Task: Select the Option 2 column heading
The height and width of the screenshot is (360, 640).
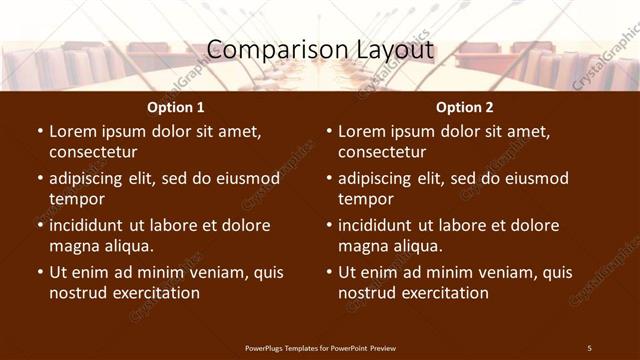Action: point(464,107)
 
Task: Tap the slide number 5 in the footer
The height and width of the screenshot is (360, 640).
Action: point(589,347)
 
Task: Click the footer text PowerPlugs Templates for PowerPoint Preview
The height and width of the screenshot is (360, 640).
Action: point(320,347)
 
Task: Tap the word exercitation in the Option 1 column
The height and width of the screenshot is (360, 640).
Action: point(154,293)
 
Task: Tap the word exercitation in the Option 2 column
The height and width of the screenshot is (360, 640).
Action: point(443,293)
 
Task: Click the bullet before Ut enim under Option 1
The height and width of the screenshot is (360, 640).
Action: point(40,272)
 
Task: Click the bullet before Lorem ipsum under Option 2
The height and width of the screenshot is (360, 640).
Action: point(329,131)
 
